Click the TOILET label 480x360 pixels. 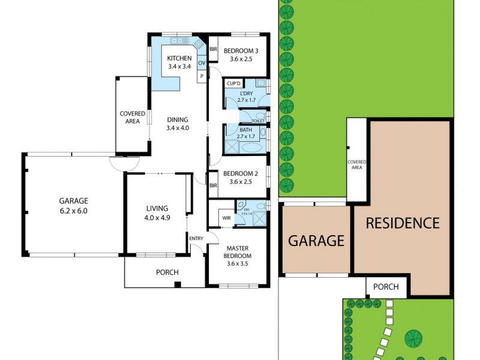pyautogui.click(x=258, y=121)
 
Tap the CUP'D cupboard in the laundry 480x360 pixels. pyautogui.click(x=233, y=83)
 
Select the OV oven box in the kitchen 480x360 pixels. pyautogui.click(x=202, y=62)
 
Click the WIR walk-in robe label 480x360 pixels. pyautogui.click(x=226, y=218)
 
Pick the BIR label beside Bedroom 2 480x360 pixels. pyautogui.click(x=213, y=185)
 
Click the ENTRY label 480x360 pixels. pyautogui.click(x=196, y=239)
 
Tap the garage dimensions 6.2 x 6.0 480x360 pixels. pyautogui.click(x=73, y=211)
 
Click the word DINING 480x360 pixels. pyautogui.click(x=177, y=119)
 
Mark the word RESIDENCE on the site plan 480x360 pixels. pyautogui.click(x=403, y=223)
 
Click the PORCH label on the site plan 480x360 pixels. pyautogui.click(x=386, y=287)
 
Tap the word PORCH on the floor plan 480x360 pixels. pyautogui.click(x=167, y=272)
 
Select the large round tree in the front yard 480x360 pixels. pyautogui.click(x=413, y=338)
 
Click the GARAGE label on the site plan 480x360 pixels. pyautogui.click(x=316, y=241)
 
